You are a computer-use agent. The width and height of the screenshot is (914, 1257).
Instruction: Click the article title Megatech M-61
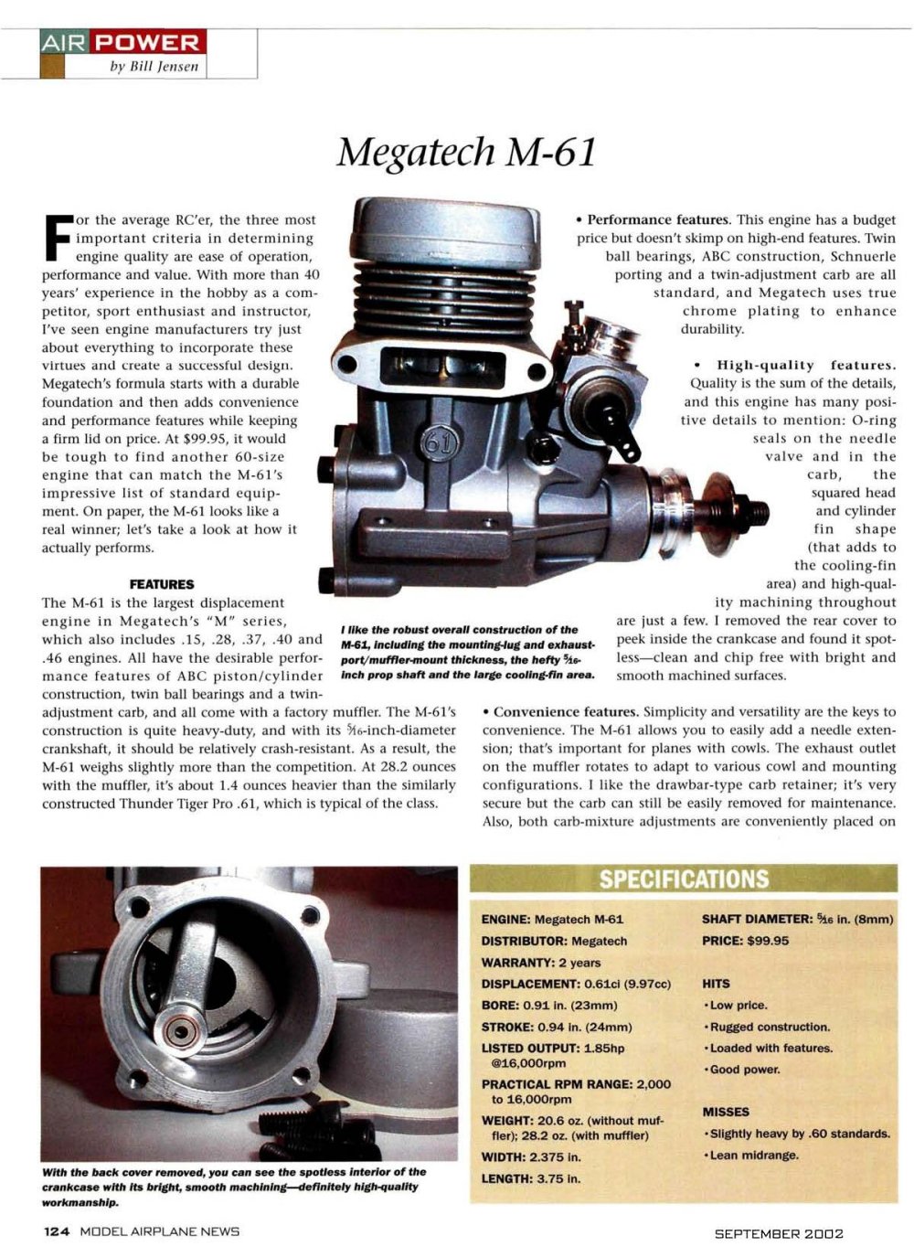click(x=466, y=152)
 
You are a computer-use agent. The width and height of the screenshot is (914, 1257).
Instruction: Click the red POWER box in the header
click(x=149, y=43)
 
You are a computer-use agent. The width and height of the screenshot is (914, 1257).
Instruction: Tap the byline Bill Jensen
click(x=154, y=67)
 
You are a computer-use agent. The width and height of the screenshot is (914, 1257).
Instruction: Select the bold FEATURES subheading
click(x=162, y=584)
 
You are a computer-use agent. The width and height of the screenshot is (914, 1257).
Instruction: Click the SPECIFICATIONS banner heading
click(x=684, y=879)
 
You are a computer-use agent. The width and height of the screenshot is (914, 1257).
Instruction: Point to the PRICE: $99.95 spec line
click(x=745, y=941)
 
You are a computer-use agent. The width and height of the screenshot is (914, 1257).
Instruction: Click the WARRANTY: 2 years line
click(x=541, y=963)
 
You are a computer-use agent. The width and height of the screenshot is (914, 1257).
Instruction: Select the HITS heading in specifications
click(x=716, y=984)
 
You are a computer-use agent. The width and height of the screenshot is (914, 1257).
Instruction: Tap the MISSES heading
click(x=726, y=1112)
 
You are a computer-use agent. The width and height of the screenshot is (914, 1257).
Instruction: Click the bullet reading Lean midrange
click(x=751, y=1155)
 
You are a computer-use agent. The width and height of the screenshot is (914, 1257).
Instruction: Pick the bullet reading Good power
click(x=741, y=1070)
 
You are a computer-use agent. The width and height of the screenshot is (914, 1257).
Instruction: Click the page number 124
click(x=57, y=1231)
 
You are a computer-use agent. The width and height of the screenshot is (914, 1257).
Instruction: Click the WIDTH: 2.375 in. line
click(x=531, y=1156)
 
